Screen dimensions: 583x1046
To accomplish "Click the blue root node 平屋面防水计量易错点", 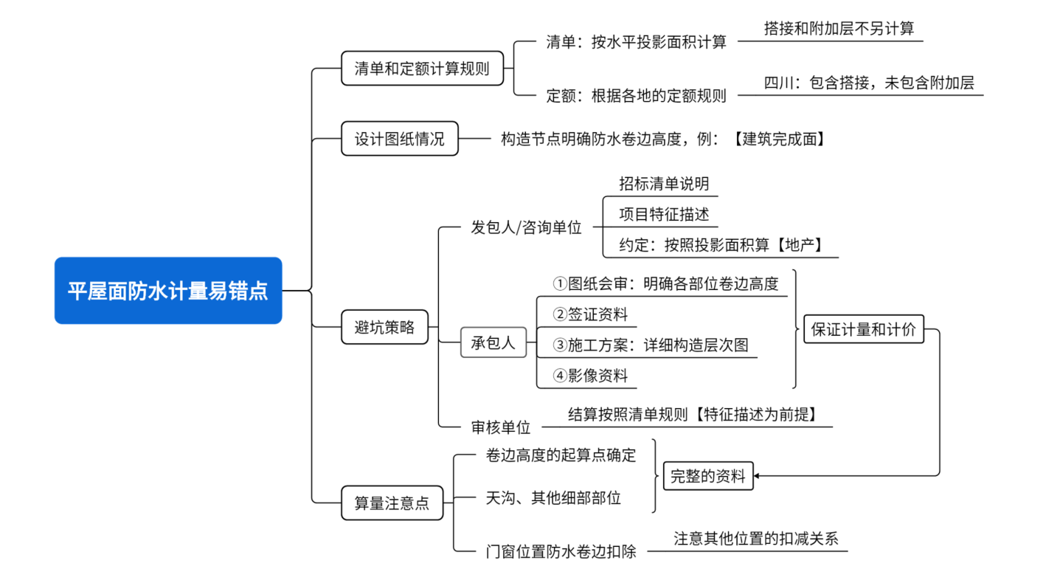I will click(x=168, y=291).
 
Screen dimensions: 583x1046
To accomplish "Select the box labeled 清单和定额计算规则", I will click(x=422, y=69).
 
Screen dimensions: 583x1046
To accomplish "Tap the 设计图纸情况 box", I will click(x=400, y=139).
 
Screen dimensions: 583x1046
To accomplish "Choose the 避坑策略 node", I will click(x=385, y=328).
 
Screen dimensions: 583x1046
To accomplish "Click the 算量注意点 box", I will click(x=392, y=503).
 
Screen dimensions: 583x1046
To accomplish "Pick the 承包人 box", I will click(x=493, y=342).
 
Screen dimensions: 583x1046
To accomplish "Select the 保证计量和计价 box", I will click(x=863, y=329).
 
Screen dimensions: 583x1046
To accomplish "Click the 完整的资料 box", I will click(x=707, y=476).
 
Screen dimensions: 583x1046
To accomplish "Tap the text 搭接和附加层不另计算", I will click(x=839, y=29).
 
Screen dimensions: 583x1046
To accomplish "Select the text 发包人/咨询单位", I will click(x=526, y=227).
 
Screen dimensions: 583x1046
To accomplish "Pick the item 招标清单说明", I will click(x=664, y=184).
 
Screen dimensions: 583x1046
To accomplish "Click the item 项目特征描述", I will click(x=664, y=215).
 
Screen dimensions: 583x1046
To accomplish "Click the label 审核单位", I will click(x=501, y=427).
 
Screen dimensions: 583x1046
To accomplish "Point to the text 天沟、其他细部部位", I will click(x=553, y=498).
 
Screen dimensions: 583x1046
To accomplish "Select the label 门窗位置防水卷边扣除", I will click(x=561, y=551).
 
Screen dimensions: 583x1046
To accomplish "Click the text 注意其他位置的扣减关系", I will click(x=756, y=538).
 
